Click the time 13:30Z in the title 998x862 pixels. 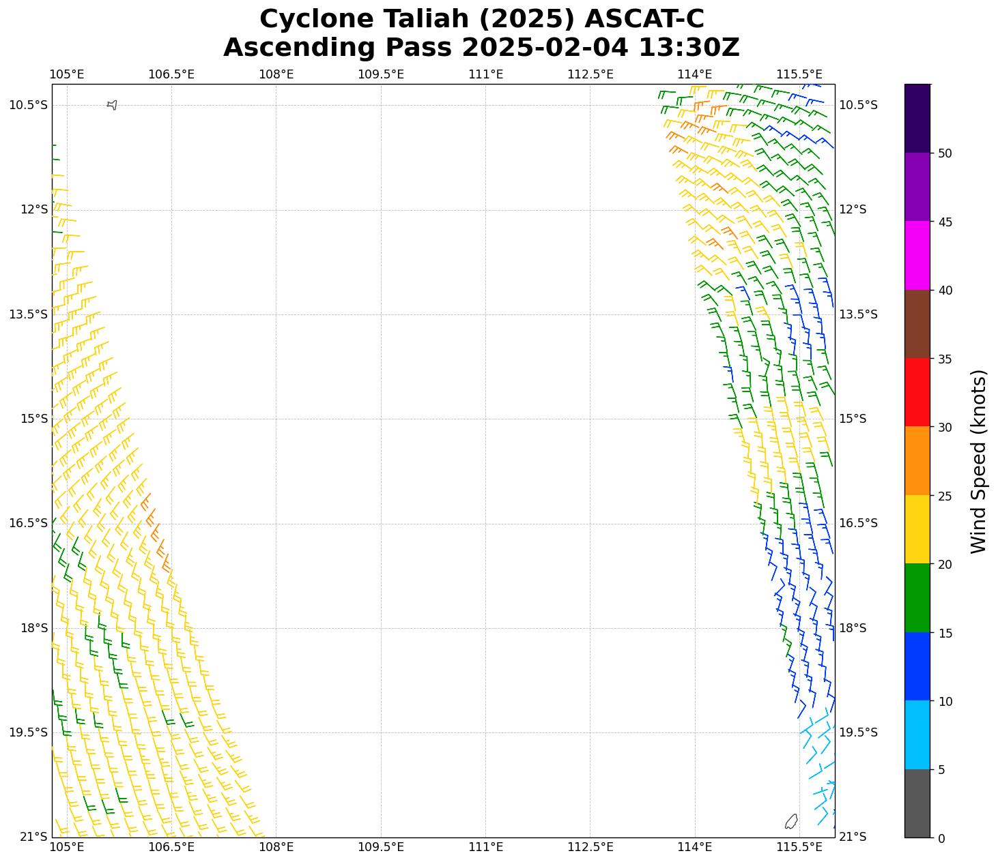pos(689,48)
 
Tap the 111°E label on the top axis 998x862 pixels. pos(485,74)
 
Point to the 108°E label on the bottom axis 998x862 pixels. pos(276,847)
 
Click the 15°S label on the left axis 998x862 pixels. pos(34,419)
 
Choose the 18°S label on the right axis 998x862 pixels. pos(853,628)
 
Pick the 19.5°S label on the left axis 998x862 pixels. pos(29,732)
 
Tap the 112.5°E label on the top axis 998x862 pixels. pos(590,74)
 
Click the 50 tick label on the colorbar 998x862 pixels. pos(945,153)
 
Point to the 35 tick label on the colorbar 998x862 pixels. pos(945,359)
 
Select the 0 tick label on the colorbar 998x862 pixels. pos(942,838)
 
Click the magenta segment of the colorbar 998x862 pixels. pos(917,255)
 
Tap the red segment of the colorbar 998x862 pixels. pos(917,392)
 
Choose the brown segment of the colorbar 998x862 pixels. pos(917,324)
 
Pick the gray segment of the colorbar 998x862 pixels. pos(917,803)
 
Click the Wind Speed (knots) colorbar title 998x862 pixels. pos(978,461)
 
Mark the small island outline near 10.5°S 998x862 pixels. pos(113,105)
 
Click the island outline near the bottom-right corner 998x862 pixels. pos(791,821)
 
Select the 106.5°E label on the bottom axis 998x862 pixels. pos(171,847)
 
